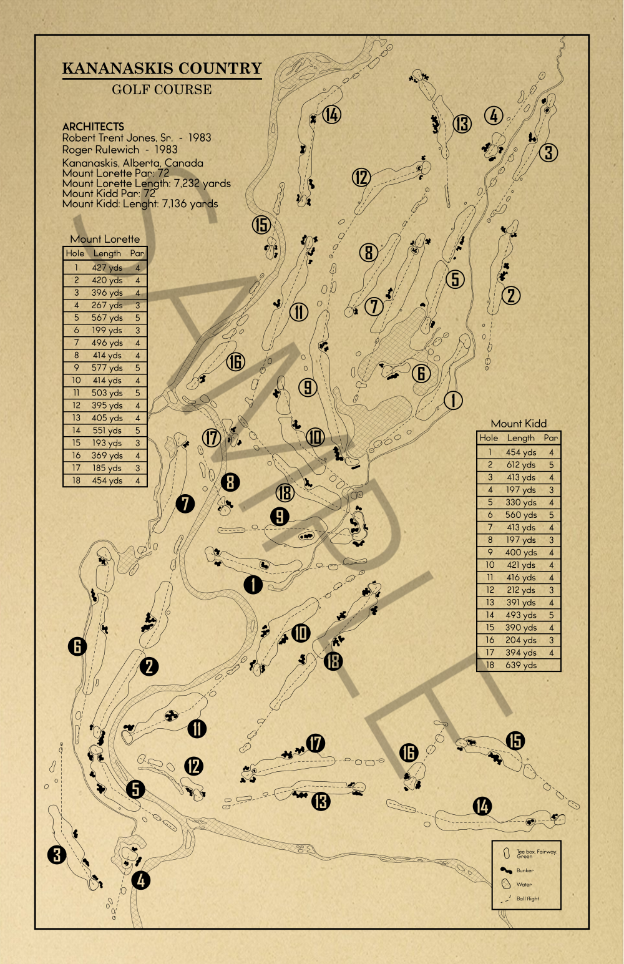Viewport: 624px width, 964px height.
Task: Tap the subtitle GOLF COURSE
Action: [162, 90]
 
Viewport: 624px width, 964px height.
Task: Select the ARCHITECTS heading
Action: [93, 126]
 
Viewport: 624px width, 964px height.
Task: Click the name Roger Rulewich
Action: [100, 150]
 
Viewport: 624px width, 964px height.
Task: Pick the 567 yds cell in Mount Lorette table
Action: [107, 318]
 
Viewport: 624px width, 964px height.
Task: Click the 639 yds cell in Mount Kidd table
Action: [520, 665]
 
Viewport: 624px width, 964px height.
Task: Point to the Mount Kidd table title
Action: [519, 424]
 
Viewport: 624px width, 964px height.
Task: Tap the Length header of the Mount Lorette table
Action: [107, 253]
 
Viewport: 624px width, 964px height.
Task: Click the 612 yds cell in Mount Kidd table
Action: [520, 465]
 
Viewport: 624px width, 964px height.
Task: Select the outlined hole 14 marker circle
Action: [332, 115]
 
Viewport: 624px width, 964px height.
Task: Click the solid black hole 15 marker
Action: [515, 741]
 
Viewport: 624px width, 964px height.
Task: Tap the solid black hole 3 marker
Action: [57, 854]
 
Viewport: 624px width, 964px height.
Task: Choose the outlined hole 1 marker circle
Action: [453, 400]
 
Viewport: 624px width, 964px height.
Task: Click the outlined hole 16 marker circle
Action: [235, 362]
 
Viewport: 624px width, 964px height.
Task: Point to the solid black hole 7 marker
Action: [185, 504]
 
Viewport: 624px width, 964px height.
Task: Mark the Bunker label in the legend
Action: [525, 870]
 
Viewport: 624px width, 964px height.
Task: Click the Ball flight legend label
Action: [527, 898]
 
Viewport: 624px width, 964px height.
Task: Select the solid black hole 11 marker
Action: [197, 728]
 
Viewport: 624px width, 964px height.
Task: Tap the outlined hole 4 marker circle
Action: [494, 115]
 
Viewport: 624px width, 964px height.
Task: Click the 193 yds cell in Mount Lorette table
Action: [107, 443]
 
